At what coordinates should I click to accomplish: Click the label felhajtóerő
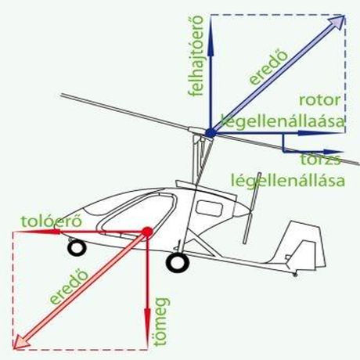point(196,56)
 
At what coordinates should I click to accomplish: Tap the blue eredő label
point(268,67)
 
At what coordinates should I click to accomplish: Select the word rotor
point(320,100)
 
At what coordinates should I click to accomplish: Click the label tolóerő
point(52,221)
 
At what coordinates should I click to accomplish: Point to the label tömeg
point(161,322)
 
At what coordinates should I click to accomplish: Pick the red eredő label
point(69,286)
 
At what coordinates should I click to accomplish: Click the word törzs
point(321,160)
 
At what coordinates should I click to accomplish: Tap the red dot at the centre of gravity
point(147,232)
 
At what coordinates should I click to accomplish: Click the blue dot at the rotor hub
point(211,133)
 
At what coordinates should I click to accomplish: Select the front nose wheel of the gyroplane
point(77,247)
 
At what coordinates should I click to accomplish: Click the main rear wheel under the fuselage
point(178,262)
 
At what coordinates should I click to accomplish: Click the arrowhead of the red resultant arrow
point(22,341)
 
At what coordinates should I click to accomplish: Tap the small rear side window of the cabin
point(209,208)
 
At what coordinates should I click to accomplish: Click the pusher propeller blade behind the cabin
point(251,208)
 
